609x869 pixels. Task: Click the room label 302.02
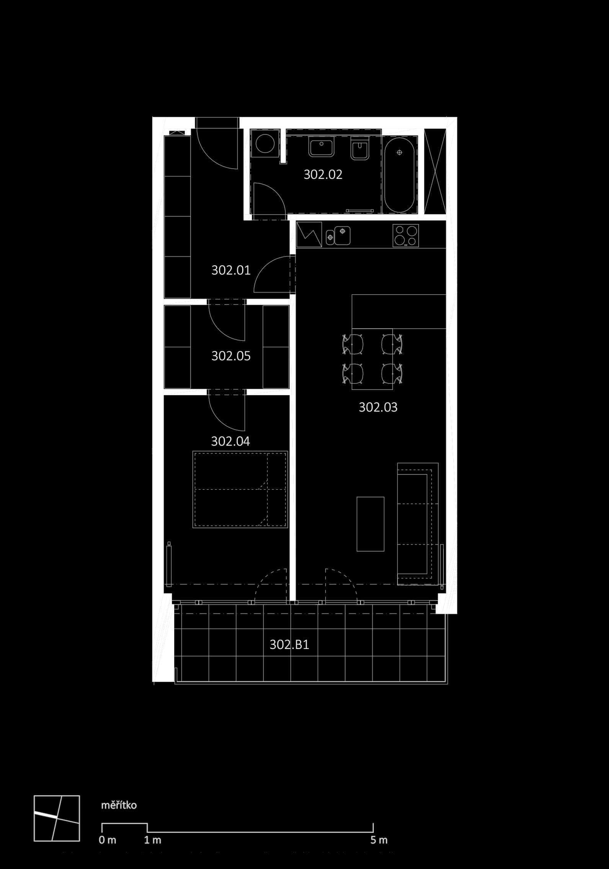click(x=323, y=175)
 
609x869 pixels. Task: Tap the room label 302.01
click(x=231, y=270)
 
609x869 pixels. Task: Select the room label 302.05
click(x=231, y=356)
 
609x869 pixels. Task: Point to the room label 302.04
click(x=230, y=441)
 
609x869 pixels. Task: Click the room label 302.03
click(x=378, y=407)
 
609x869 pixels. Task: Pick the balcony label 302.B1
click(x=289, y=645)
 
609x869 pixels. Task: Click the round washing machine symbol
click(x=264, y=144)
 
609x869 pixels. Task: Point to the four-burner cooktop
click(x=406, y=235)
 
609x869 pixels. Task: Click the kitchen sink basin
click(x=342, y=235)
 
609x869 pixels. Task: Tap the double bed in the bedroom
click(x=240, y=489)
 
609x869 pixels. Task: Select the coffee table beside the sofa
click(x=370, y=524)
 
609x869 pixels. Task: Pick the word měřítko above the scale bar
click(x=119, y=805)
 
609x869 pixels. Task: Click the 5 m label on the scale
click(x=379, y=840)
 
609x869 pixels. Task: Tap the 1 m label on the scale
click(x=152, y=840)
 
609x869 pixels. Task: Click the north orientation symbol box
click(x=57, y=818)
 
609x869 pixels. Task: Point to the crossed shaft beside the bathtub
click(x=435, y=171)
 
